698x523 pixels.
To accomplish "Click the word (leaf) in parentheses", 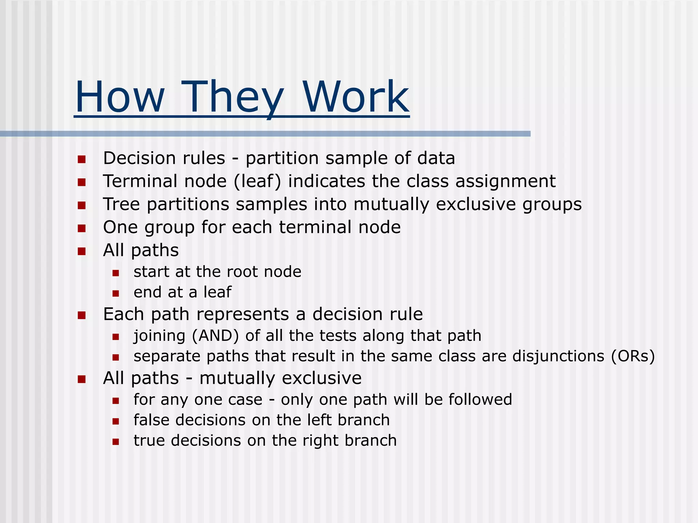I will [x=257, y=181].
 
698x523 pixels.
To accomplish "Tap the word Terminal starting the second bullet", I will [x=140, y=181].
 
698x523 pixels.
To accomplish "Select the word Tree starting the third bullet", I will [x=121, y=204].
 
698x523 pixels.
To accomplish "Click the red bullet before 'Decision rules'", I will [x=81, y=159].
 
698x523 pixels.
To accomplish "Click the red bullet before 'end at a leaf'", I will [x=116, y=293].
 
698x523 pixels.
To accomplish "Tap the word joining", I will [x=160, y=336].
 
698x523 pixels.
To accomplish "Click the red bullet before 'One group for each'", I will [x=81, y=228].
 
